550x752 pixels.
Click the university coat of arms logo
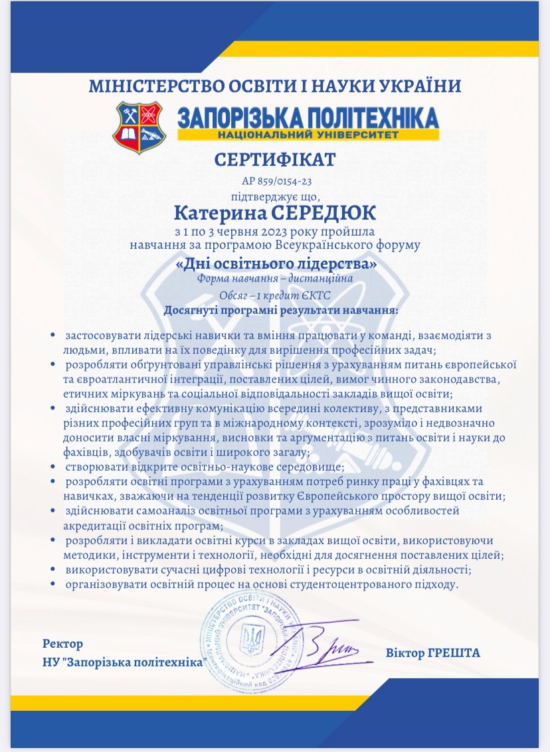(x=138, y=127)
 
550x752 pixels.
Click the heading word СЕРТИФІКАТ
(x=275, y=160)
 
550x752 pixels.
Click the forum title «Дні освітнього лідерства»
(x=275, y=264)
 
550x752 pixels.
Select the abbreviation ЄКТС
(x=316, y=295)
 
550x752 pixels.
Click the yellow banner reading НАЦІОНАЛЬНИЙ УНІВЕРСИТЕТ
(x=309, y=135)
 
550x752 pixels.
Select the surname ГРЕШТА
(x=455, y=653)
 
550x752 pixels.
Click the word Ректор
(x=62, y=644)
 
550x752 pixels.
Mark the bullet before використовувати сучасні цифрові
(x=52, y=570)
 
